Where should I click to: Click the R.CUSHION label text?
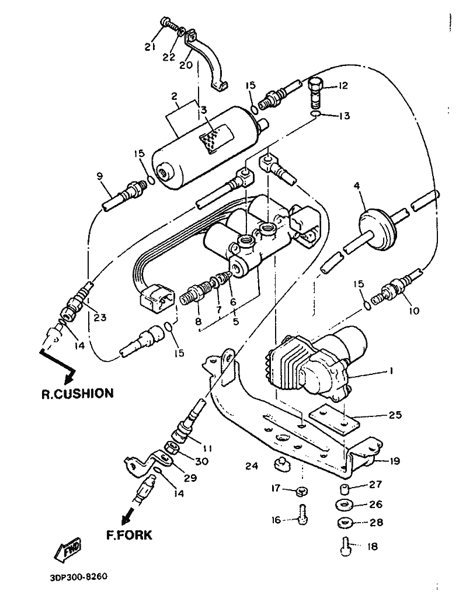78,394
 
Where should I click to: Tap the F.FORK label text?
129,535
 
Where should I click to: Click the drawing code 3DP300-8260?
79,576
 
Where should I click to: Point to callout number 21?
150,47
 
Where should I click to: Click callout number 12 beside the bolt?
343,85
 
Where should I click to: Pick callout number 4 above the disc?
357,186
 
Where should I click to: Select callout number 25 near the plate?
395,415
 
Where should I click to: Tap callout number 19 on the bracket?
394,461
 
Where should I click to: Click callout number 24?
251,465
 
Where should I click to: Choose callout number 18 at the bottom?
372,546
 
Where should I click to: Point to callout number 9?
99,176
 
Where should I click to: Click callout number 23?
100,317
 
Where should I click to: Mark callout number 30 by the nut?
201,461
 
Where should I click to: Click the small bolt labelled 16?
303,514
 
